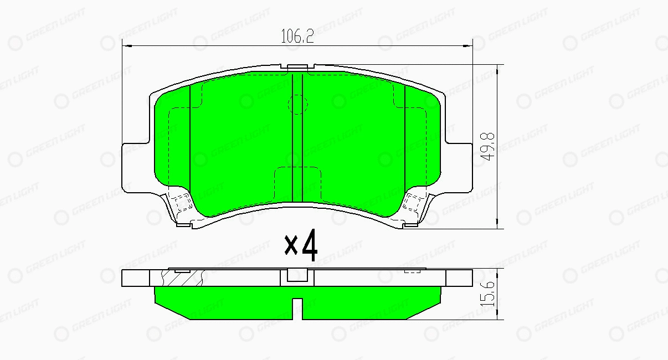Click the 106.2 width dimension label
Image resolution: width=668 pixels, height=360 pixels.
297,37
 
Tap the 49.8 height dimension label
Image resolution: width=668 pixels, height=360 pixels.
487,146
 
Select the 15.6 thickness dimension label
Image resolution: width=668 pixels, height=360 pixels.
487,294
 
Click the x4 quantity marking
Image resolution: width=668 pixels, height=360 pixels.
301,245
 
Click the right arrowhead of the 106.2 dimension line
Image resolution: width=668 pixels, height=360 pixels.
467,46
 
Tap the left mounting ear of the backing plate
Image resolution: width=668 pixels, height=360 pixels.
136,168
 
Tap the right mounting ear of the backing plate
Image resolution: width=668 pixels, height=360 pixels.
459,168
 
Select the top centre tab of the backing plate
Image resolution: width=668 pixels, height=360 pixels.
297,67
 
